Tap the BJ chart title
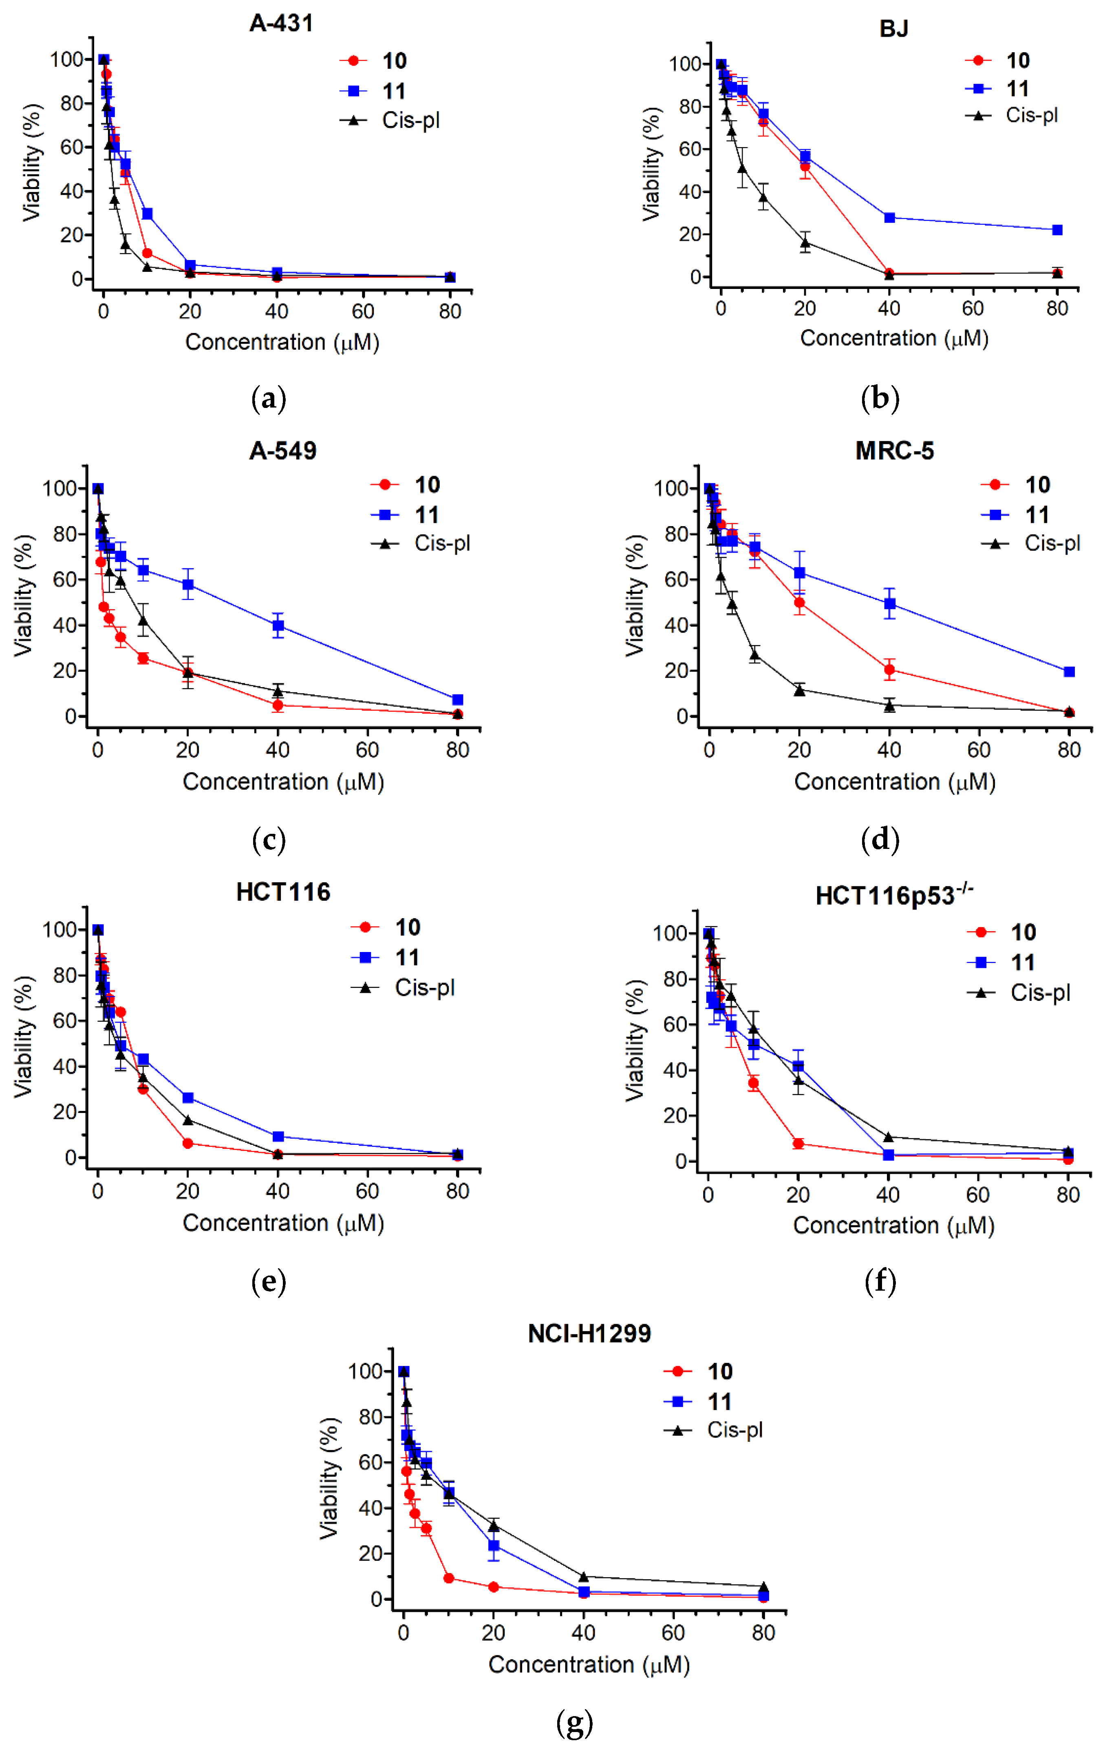coord(893,29)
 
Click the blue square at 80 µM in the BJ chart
coord(1057,230)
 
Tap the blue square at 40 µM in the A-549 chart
coord(278,626)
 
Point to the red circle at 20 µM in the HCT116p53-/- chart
coord(798,1143)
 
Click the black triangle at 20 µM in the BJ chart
coord(805,242)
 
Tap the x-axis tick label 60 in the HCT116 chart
coord(367,1191)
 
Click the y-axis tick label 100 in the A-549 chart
coord(60,488)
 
